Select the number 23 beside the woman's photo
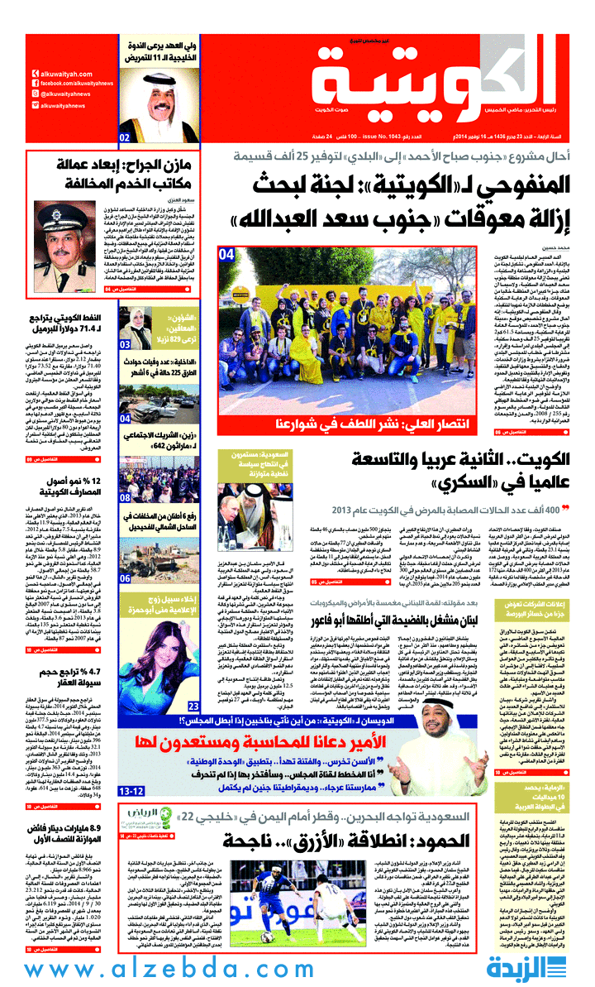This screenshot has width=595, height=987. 193,705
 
